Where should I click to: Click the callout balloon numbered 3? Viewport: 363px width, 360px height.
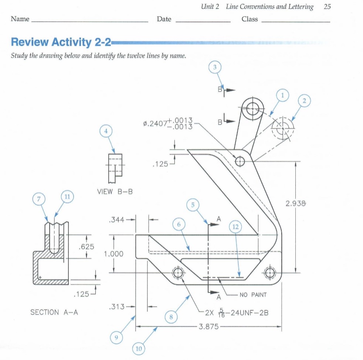pos(215,67)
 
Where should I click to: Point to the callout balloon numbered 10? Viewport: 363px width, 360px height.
pos(139,349)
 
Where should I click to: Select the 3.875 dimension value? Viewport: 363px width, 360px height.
pos(209,327)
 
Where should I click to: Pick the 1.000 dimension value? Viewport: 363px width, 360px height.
pos(113,254)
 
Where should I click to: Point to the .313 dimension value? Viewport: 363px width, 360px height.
pos(116,307)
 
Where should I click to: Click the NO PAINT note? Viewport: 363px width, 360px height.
pos(253,295)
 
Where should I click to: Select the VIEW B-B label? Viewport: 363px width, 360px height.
pos(115,192)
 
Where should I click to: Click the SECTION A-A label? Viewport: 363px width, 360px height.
pos(54,312)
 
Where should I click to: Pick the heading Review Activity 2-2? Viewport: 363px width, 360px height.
pos(61,42)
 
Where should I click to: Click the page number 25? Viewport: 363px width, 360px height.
pos(327,6)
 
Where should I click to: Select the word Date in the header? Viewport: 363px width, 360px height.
pos(164,19)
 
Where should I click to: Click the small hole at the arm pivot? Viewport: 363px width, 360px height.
pos(240,161)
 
